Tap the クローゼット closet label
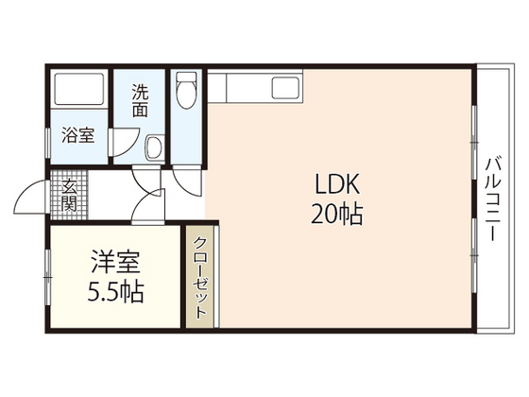[x=199, y=276]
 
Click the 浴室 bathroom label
[x=77, y=135]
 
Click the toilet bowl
[x=185, y=92]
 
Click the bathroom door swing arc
[x=121, y=142]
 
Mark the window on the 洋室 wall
[x=46, y=276]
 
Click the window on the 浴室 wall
[x=46, y=134]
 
